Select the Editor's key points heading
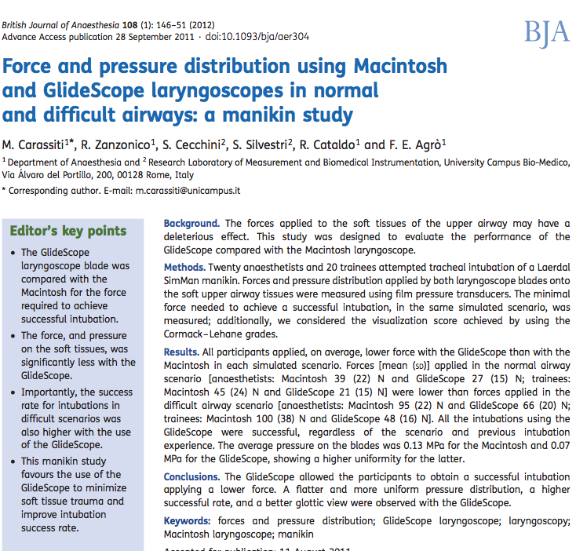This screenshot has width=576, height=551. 67,231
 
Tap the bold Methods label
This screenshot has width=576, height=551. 186,268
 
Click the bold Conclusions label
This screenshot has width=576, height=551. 192,476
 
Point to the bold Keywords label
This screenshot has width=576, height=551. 188,520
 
